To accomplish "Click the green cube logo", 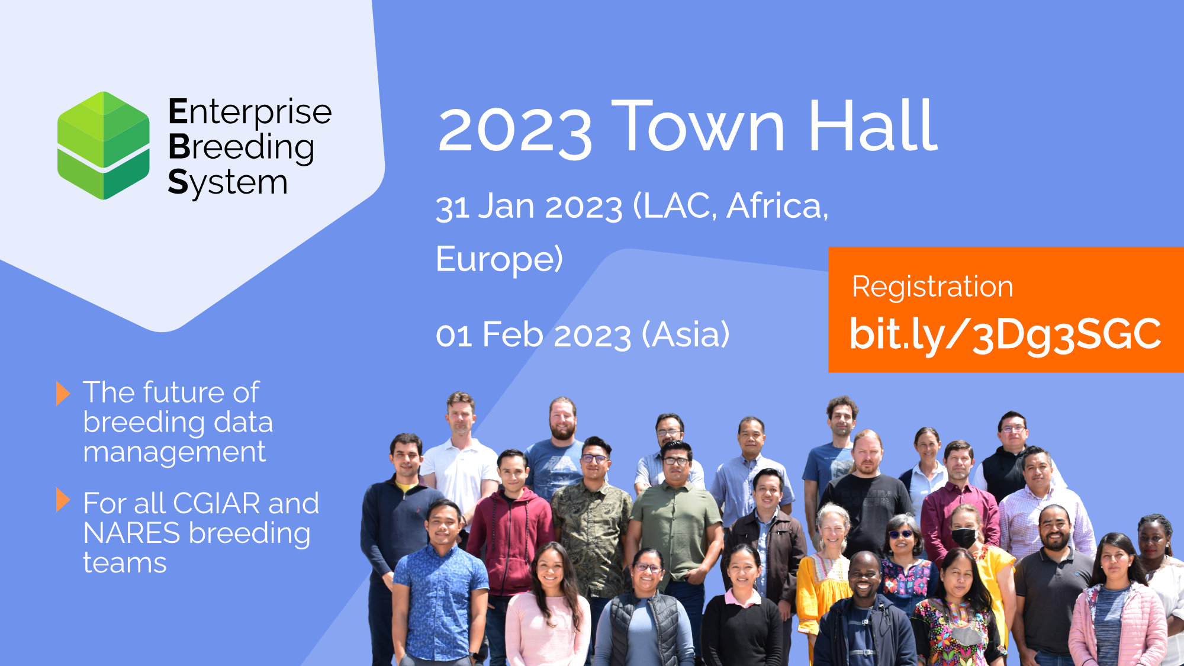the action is (x=104, y=146).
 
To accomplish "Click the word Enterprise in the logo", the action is (x=250, y=112).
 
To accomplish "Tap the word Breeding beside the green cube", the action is (x=241, y=147).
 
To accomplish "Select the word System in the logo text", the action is (x=228, y=182).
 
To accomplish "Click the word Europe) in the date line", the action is (x=499, y=259).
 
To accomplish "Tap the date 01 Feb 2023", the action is (x=533, y=334).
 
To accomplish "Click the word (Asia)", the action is (x=686, y=334).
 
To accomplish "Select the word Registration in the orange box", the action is (x=932, y=287).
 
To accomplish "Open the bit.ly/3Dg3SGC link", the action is (x=1005, y=334).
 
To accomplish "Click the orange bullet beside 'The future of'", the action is (x=63, y=393).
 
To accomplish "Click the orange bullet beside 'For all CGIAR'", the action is (x=63, y=500).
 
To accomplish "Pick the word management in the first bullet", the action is (x=175, y=452).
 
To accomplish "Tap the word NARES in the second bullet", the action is (x=131, y=533).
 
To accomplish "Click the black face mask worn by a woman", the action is (x=963, y=537).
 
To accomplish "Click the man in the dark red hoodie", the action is (x=510, y=533).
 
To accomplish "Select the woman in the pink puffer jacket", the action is (x=1116, y=604).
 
